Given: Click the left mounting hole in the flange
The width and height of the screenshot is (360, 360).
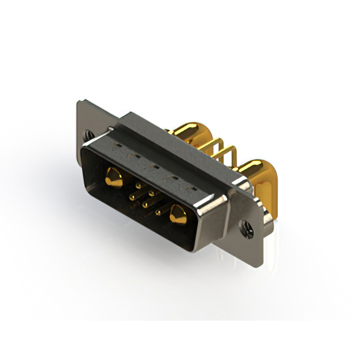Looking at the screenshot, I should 89,135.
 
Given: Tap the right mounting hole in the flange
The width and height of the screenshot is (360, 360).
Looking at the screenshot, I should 246,229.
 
